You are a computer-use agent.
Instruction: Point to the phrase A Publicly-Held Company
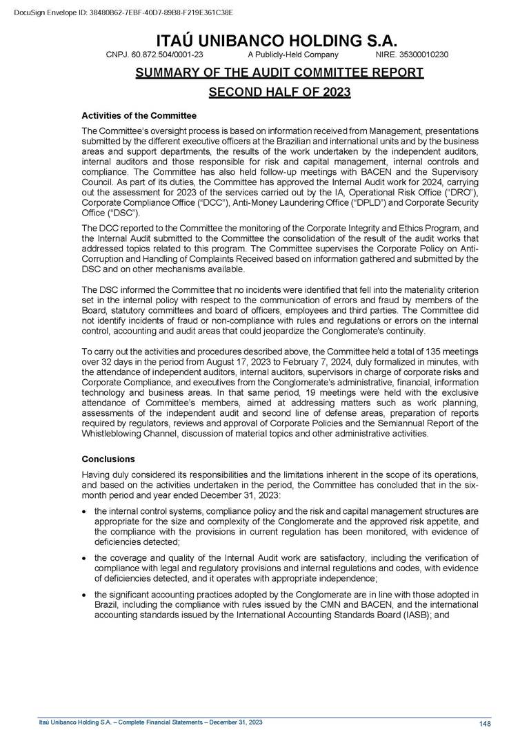(x=292, y=55)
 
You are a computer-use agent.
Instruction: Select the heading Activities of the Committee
(x=139, y=115)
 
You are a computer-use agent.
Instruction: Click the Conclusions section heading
(x=108, y=459)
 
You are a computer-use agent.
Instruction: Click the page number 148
(x=484, y=723)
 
